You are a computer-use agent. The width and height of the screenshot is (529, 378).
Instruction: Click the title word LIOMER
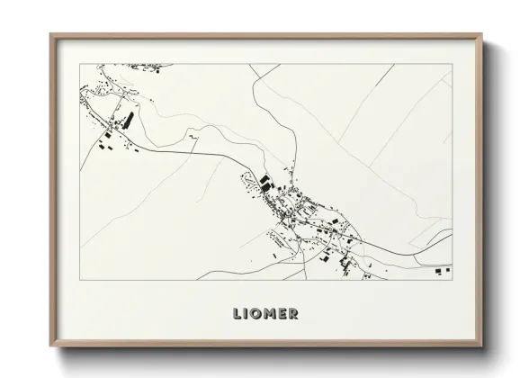point(264,313)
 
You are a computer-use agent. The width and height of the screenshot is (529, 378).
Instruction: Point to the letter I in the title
point(247,313)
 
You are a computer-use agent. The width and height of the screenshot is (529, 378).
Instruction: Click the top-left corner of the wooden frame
point(50,34)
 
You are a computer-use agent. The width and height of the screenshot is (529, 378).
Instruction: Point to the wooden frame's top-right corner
point(482,34)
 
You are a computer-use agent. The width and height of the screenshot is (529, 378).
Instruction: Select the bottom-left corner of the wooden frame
point(50,347)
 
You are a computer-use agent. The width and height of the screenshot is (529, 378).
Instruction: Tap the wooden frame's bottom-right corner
point(482,347)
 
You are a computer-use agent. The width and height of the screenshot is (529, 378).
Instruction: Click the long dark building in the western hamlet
point(128,119)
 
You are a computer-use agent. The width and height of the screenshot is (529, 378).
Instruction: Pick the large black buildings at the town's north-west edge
point(265,182)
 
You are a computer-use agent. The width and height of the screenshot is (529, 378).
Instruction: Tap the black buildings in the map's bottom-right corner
point(440,269)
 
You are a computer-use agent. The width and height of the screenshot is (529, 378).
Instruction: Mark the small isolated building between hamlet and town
point(192,135)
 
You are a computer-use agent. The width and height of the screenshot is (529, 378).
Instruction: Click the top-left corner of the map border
point(79,64)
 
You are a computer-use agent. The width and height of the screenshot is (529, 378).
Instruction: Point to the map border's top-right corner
point(453,64)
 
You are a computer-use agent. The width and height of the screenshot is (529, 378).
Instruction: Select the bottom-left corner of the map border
point(79,279)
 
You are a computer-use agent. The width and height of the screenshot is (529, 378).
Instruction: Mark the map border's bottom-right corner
point(453,279)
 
